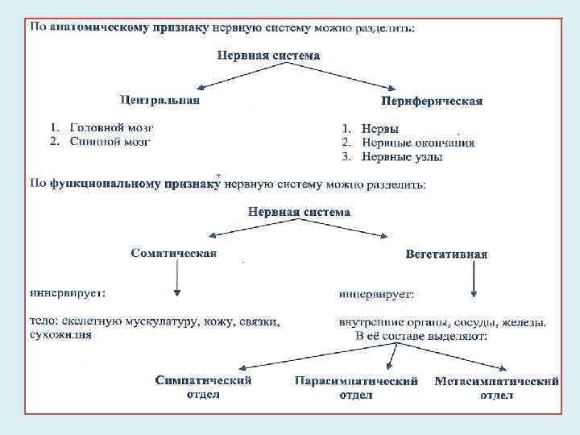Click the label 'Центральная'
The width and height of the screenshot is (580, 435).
point(159,100)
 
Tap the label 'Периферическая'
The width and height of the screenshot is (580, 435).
point(432,101)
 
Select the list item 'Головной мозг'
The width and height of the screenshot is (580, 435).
point(111,127)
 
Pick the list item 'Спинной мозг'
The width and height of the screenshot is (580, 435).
point(110,141)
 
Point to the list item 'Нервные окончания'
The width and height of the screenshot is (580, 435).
point(417,143)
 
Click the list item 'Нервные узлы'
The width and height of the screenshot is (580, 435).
point(402,156)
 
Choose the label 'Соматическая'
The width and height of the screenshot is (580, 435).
point(174,254)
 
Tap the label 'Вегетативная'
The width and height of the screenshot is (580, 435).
point(447,254)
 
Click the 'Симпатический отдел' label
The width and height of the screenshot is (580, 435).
point(204,387)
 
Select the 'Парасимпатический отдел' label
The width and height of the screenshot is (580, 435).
point(356,387)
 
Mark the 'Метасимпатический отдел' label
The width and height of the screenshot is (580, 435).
point(496,387)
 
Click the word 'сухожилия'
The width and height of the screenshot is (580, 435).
point(60,335)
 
